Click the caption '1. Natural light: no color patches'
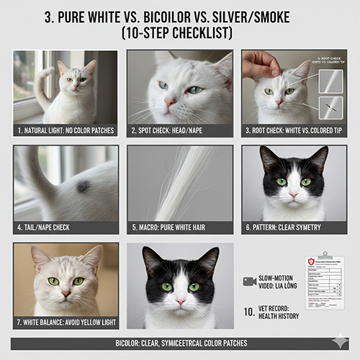pos(66,130)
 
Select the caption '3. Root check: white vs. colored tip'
pos(294,130)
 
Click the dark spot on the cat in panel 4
pos(84,186)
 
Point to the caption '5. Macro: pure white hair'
pos(180,226)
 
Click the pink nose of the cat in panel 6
pos(294,194)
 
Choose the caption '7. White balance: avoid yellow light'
pos(66,322)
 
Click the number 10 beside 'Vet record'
pos(249,314)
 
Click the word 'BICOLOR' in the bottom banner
pos(117,343)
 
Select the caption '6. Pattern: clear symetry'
pos(294,226)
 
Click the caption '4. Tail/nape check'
pos(54,226)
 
